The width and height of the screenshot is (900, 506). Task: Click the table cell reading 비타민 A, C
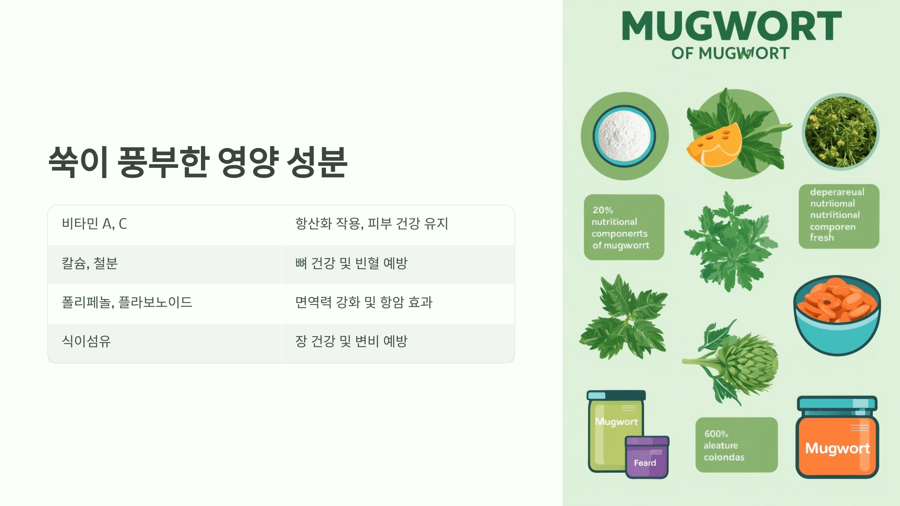pyautogui.click(x=94, y=224)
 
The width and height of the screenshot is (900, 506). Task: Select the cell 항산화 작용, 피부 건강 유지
pyautogui.click(x=371, y=224)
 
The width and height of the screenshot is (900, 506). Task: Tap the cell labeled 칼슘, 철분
pyautogui.click(x=90, y=263)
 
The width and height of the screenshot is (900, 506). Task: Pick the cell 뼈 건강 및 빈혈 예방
pyautogui.click(x=351, y=263)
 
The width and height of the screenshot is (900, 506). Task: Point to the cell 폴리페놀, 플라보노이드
pyautogui.click(x=127, y=302)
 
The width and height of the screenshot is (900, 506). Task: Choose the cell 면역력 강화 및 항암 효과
pyautogui.click(x=364, y=302)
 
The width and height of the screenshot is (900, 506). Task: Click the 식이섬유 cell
pyautogui.click(x=86, y=341)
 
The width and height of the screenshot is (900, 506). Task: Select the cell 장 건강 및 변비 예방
pyautogui.click(x=351, y=341)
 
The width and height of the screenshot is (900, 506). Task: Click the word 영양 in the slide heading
pyautogui.click(x=248, y=162)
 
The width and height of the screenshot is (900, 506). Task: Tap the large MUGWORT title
pyautogui.click(x=732, y=26)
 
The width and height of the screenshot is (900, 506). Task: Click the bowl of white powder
pyautogui.click(x=624, y=136)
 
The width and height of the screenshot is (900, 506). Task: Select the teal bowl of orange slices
pyautogui.click(x=837, y=315)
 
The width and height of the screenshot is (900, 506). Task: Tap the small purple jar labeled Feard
pyautogui.click(x=646, y=457)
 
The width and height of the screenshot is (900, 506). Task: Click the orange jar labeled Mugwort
pyautogui.click(x=837, y=442)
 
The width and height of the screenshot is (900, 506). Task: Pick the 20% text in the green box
pyautogui.click(x=603, y=210)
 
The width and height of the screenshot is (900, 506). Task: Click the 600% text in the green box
pyautogui.click(x=716, y=434)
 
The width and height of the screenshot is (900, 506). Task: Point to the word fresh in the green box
pyautogui.click(x=822, y=238)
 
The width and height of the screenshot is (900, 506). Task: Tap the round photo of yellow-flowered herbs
pyautogui.click(x=841, y=132)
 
